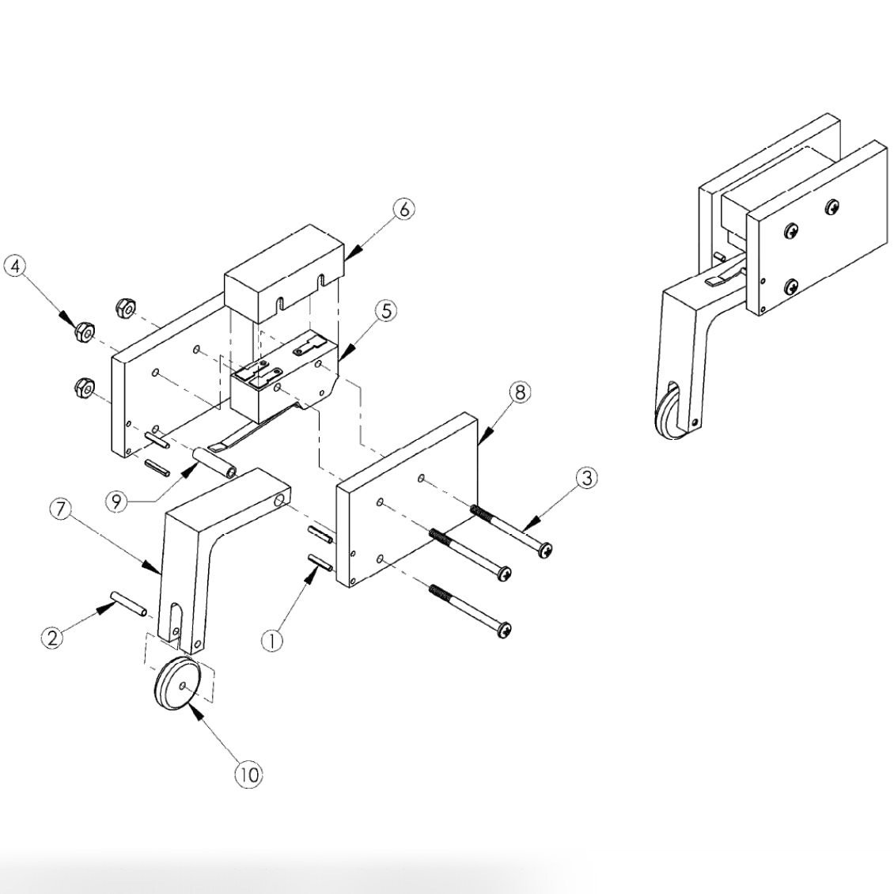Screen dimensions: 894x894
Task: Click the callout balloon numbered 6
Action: tap(403, 210)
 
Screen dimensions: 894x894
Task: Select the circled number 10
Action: tap(248, 775)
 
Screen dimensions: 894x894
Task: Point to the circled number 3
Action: tap(585, 478)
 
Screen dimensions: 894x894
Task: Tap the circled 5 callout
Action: tap(384, 311)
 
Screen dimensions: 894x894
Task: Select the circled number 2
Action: tap(52, 638)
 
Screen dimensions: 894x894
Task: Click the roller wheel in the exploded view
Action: tap(179, 685)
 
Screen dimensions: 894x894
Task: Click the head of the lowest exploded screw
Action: tap(503, 631)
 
